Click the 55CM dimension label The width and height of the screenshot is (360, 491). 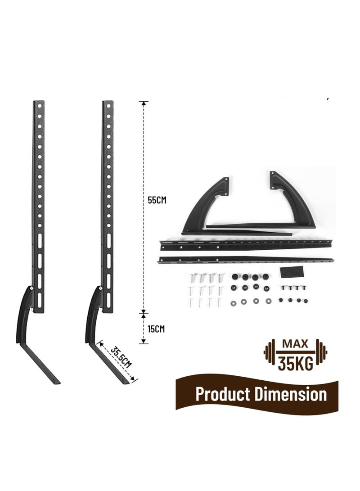tap(157, 200)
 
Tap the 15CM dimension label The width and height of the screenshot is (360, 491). tap(156, 329)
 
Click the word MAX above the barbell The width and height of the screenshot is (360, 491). tap(296, 344)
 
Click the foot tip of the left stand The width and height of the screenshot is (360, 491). tap(58, 382)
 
